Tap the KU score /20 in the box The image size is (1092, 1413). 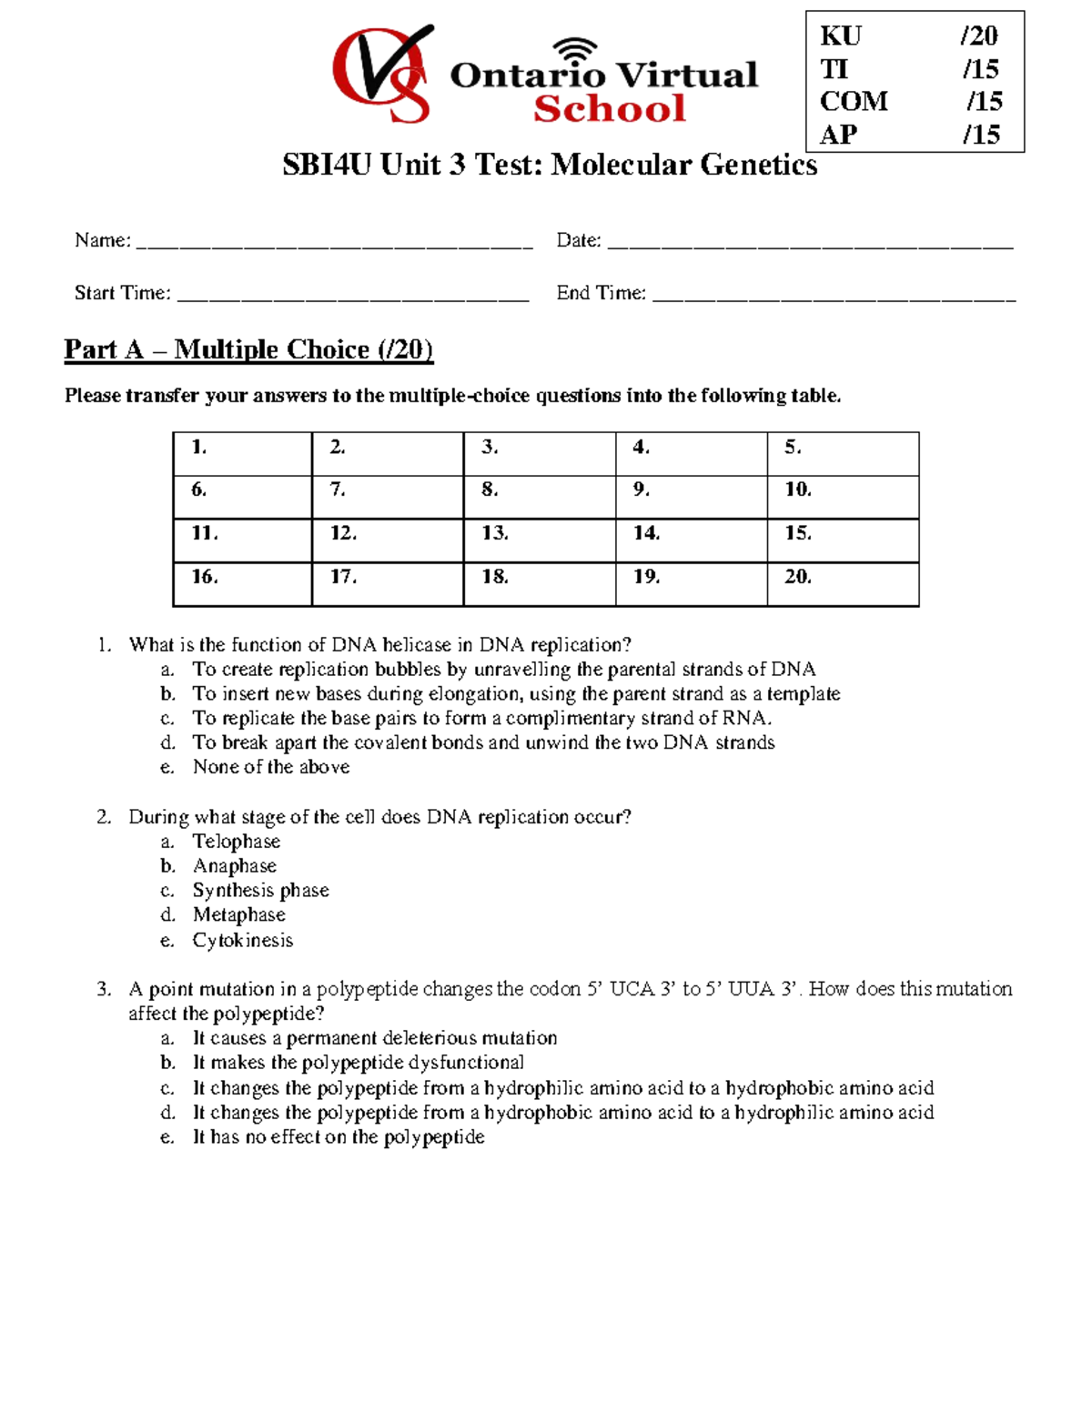click(979, 35)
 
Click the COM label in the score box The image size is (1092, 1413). click(853, 101)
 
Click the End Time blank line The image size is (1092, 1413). click(834, 295)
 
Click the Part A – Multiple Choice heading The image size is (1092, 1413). click(248, 349)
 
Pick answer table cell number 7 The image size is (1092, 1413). click(388, 497)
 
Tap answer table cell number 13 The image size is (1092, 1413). click(539, 540)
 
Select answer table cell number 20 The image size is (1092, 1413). click(843, 584)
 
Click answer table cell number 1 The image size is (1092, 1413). click(242, 453)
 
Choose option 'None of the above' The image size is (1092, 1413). click(271, 767)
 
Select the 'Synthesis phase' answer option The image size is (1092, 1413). click(260, 890)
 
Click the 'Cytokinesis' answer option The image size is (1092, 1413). click(243, 940)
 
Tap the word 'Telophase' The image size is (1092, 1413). click(237, 842)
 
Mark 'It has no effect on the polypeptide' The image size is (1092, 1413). click(339, 1136)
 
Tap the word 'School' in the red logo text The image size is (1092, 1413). click(609, 109)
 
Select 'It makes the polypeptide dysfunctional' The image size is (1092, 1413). click(359, 1063)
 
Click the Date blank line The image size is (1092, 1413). click(810, 242)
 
